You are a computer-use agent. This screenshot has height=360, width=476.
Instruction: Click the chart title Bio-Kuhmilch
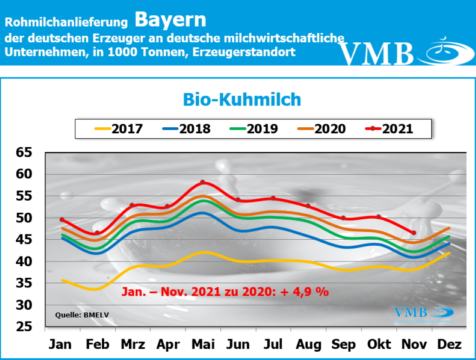point(242,99)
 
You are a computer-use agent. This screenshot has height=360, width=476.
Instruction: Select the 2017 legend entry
point(119,129)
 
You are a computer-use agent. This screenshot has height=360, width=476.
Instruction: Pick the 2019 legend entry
point(254,129)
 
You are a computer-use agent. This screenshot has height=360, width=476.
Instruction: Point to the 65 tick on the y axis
point(26,152)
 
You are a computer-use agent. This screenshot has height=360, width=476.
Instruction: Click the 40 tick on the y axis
point(26,262)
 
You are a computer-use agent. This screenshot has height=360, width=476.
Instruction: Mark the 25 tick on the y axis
point(26,327)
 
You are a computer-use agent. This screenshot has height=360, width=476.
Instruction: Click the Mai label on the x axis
point(203,345)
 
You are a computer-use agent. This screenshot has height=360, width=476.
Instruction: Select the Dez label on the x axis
point(450,345)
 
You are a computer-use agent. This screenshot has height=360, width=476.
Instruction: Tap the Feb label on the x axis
point(98,345)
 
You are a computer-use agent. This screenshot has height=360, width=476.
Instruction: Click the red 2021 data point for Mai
point(203,182)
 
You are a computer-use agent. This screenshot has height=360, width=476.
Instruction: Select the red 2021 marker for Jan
point(62,219)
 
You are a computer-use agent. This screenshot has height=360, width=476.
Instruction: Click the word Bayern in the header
point(170,20)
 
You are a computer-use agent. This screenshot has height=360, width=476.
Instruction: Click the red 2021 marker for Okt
point(378,217)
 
